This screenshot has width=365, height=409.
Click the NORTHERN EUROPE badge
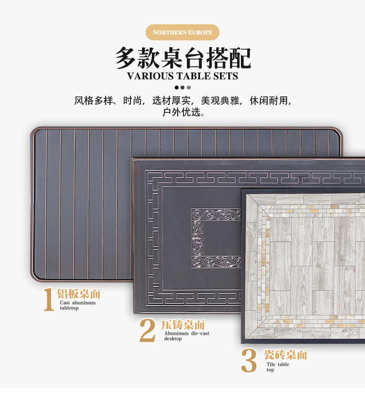(182, 33)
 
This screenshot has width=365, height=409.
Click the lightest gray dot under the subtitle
(189, 88)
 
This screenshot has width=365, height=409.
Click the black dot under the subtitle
(177, 88)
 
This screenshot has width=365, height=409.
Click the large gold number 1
(48, 300)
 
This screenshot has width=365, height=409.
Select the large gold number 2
(147, 331)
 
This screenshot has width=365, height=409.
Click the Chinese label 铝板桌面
(79, 294)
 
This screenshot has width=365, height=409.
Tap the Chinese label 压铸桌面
(183, 325)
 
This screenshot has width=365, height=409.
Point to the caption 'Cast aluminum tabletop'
(77, 305)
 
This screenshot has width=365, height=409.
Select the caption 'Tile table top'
(277, 367)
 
